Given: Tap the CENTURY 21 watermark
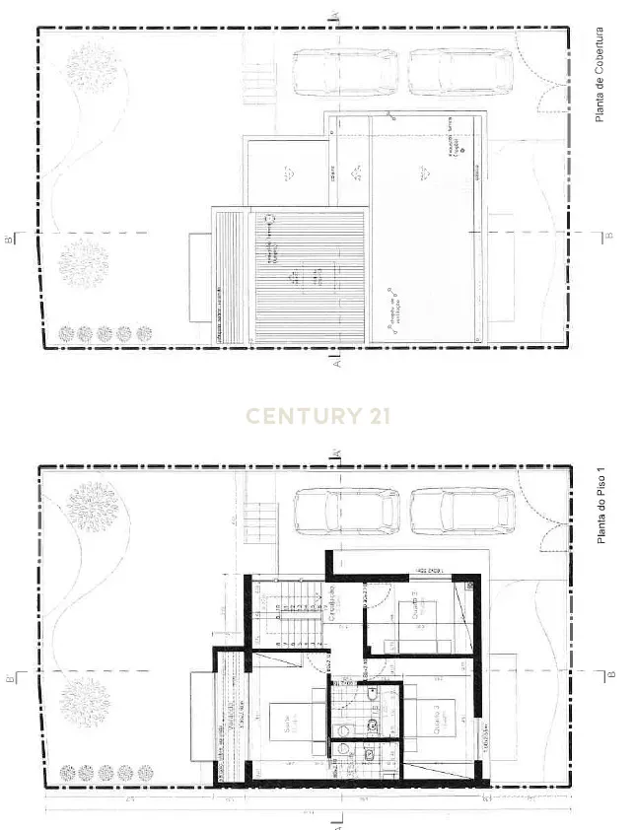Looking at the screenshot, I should [x=318, y=416].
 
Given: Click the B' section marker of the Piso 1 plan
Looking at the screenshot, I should [x=10, y=677].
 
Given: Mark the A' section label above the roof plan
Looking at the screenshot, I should [x=335, y=14].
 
